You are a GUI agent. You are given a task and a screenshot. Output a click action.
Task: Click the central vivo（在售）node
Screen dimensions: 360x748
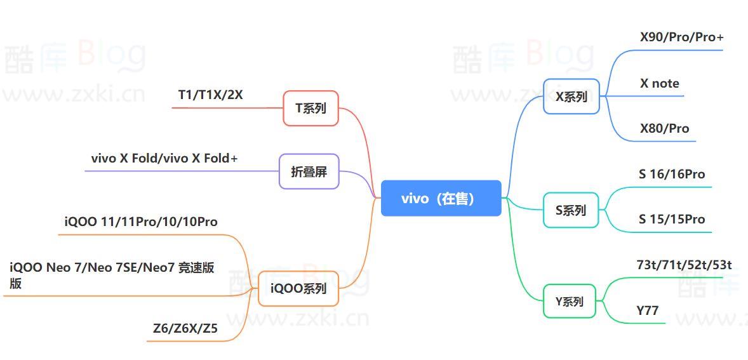pos(441,198)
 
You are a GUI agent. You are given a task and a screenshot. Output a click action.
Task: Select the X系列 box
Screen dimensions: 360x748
pos(571,97)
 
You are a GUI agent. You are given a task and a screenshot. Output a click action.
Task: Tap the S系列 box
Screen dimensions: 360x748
pos(571,210)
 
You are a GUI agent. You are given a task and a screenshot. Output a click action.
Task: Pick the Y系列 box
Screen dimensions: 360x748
pos(570,301)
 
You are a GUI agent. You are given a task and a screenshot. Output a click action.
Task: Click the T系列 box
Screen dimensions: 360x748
pos(311,108)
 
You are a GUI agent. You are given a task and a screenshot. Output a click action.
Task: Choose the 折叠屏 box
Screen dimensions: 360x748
pos(309,171)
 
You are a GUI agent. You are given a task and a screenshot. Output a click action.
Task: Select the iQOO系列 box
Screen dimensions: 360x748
pos(298,288)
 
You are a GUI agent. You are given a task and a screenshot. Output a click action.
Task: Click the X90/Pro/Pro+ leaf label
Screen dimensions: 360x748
pos(681,37)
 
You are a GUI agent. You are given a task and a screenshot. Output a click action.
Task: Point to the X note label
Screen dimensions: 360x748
pos(659,83)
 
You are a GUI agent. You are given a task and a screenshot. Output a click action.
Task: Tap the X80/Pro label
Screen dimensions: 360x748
pos(664,128)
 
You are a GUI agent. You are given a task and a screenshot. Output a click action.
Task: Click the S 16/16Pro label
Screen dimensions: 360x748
pos(672,174)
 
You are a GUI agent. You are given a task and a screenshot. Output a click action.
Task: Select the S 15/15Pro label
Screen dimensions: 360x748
pos(672,219)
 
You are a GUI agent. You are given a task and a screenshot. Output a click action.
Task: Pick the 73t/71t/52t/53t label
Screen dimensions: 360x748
pos(684,265)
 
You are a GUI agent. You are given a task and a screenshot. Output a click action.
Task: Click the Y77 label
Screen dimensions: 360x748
pos(648,310)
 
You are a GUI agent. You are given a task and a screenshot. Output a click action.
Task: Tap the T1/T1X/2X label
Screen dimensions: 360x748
pos(210,95)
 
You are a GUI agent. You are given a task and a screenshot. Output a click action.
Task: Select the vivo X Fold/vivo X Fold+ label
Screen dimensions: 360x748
pos(164,158)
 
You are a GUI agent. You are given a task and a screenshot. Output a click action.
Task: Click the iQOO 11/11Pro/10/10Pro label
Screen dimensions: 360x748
pos(141,222)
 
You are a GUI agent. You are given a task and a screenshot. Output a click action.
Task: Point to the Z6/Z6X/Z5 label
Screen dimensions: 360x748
pos(185,328)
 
